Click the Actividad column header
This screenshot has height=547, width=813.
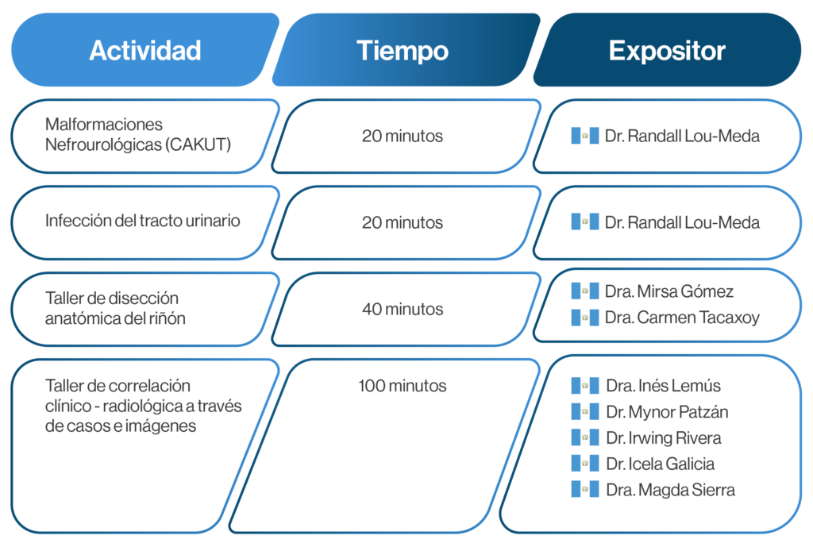point(145,51)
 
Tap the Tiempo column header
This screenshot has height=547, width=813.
point(403,51)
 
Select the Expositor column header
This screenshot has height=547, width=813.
point(667,51)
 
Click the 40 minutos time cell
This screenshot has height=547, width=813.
point(403,309)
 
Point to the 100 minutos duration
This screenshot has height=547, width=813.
point(403,386)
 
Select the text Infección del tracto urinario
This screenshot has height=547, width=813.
point(143,221)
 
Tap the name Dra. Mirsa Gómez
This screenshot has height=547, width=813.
point(669,291)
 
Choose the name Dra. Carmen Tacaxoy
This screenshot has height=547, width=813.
point(682,318)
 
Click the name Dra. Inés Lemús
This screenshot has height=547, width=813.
point(663,386)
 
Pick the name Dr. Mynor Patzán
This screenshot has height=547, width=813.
point(667,412)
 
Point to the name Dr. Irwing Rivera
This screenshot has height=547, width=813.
point(664,438)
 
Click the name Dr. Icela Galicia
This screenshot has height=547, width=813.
point(660,464)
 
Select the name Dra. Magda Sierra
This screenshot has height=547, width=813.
point(670,490)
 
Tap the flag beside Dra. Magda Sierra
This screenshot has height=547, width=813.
point(585,490)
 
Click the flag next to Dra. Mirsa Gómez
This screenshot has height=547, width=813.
point(585,291)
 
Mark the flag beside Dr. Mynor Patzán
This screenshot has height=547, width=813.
point(585,412)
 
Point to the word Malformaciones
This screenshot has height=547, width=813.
point(104,125)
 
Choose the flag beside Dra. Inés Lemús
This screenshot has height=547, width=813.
point(585,386)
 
